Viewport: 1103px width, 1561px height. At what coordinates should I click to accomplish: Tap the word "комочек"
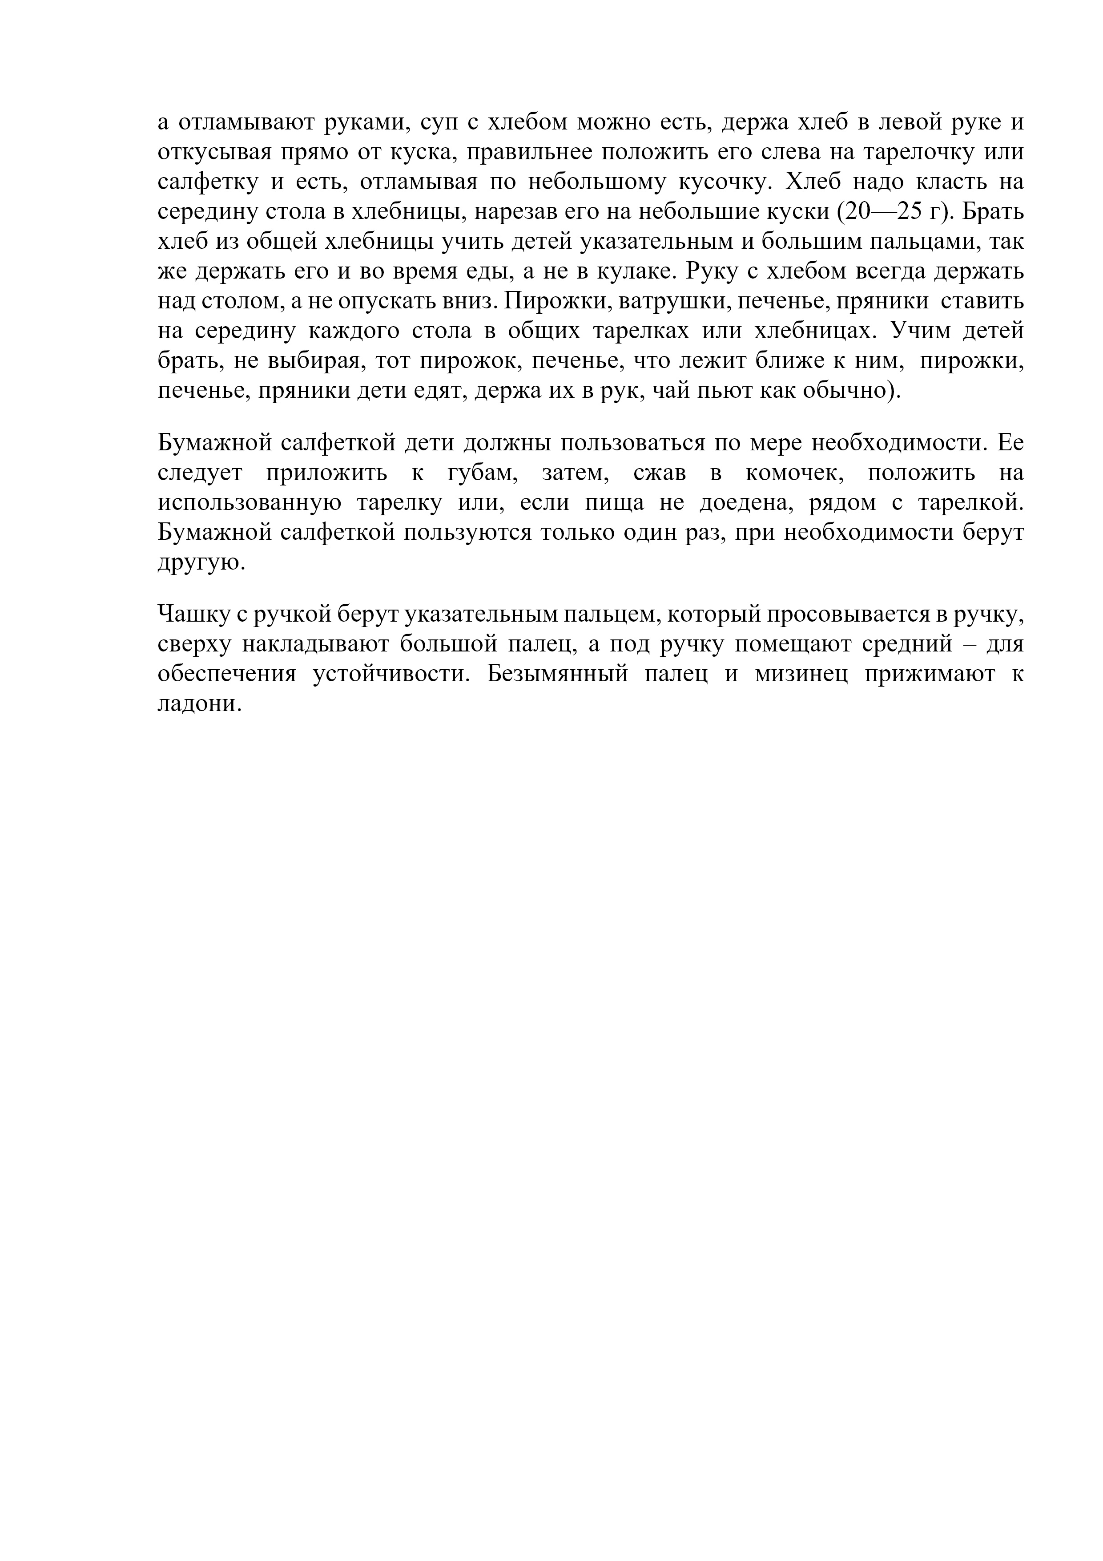[789, 473]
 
